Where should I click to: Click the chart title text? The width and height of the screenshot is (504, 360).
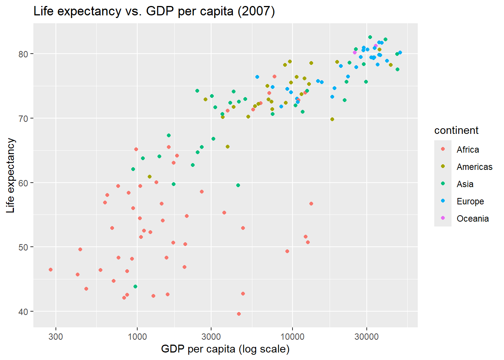coord(154,11)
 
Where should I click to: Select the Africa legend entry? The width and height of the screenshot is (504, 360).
coord(468,150)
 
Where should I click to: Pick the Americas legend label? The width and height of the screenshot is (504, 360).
coord(474,167)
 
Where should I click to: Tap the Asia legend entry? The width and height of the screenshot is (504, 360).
coord(465,184)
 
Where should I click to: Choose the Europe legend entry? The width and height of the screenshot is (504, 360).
coord(470,201)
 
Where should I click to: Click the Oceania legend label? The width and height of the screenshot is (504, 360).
coord(472,219)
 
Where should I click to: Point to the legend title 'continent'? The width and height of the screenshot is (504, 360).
coord(456,130)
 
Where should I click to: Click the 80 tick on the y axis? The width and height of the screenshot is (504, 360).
coord(23,54)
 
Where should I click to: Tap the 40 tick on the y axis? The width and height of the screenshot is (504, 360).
coord(23,312)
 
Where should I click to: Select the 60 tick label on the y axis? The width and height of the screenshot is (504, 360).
coord(23,183)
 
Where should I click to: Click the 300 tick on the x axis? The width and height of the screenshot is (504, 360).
coord(55,336)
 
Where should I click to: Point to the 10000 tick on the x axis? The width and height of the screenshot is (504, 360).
coord(292,336)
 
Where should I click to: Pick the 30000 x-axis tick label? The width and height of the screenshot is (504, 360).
coord(366,336)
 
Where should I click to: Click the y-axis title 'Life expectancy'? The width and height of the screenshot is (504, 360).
coord(10,175)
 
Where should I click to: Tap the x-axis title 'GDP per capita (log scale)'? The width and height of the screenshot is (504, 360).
coord(225,349)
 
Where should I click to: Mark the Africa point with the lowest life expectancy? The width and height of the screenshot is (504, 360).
coord(239,314)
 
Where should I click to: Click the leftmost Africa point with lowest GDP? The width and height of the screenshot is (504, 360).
coord(51,270)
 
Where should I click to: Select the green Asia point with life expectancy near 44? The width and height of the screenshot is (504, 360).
coord(135,286)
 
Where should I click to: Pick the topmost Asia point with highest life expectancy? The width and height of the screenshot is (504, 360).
coord(370,37)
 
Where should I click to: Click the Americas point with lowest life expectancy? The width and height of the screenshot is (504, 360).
coord(150,177)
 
